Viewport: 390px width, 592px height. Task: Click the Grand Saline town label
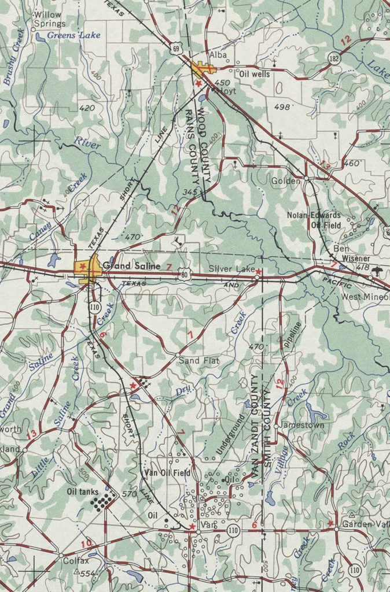pos(131,267)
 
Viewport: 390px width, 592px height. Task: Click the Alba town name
pos(218,55)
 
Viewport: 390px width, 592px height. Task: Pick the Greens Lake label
pos(73,35)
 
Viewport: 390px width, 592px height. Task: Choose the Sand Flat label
pos(198,361)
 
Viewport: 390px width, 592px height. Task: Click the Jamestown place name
pos(302,425)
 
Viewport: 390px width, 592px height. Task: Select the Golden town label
pos(286,181)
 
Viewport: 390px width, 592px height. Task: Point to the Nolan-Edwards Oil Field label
pos(314,220)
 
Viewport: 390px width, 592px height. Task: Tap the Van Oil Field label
pos(167,473)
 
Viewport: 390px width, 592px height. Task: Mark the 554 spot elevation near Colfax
pos(87,573)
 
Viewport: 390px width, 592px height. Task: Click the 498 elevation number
pos(281,107)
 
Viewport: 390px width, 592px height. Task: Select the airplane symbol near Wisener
pos(378,271)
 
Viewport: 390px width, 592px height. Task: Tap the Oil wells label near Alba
pos(254,75)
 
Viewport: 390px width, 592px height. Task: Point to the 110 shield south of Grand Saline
pos(94,306)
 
